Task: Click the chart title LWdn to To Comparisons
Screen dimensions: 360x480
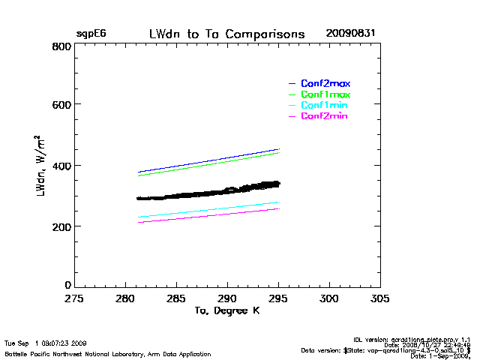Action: [x=226, y=34]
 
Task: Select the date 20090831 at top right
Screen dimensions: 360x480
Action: [x=350, y=34]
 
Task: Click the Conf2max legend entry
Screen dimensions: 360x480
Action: [x=325, y=83]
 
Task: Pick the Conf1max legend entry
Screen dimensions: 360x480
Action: [x=325, y=94]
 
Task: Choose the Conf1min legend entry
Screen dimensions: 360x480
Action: [x=325, y=106]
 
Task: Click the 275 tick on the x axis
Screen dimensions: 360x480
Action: [x=73, y=298]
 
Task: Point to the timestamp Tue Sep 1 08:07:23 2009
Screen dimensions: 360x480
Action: [x=46, y=343]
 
